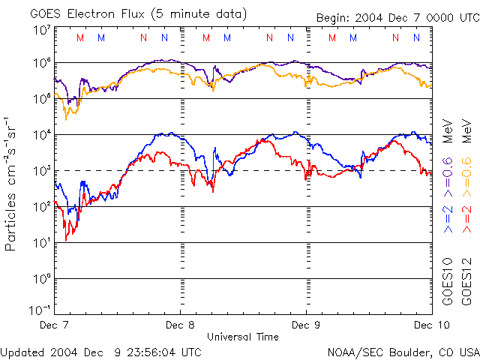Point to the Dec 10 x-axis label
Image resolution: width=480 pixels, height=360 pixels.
[429, 325]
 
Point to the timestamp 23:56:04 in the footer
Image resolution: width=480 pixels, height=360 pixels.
[153, 351]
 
